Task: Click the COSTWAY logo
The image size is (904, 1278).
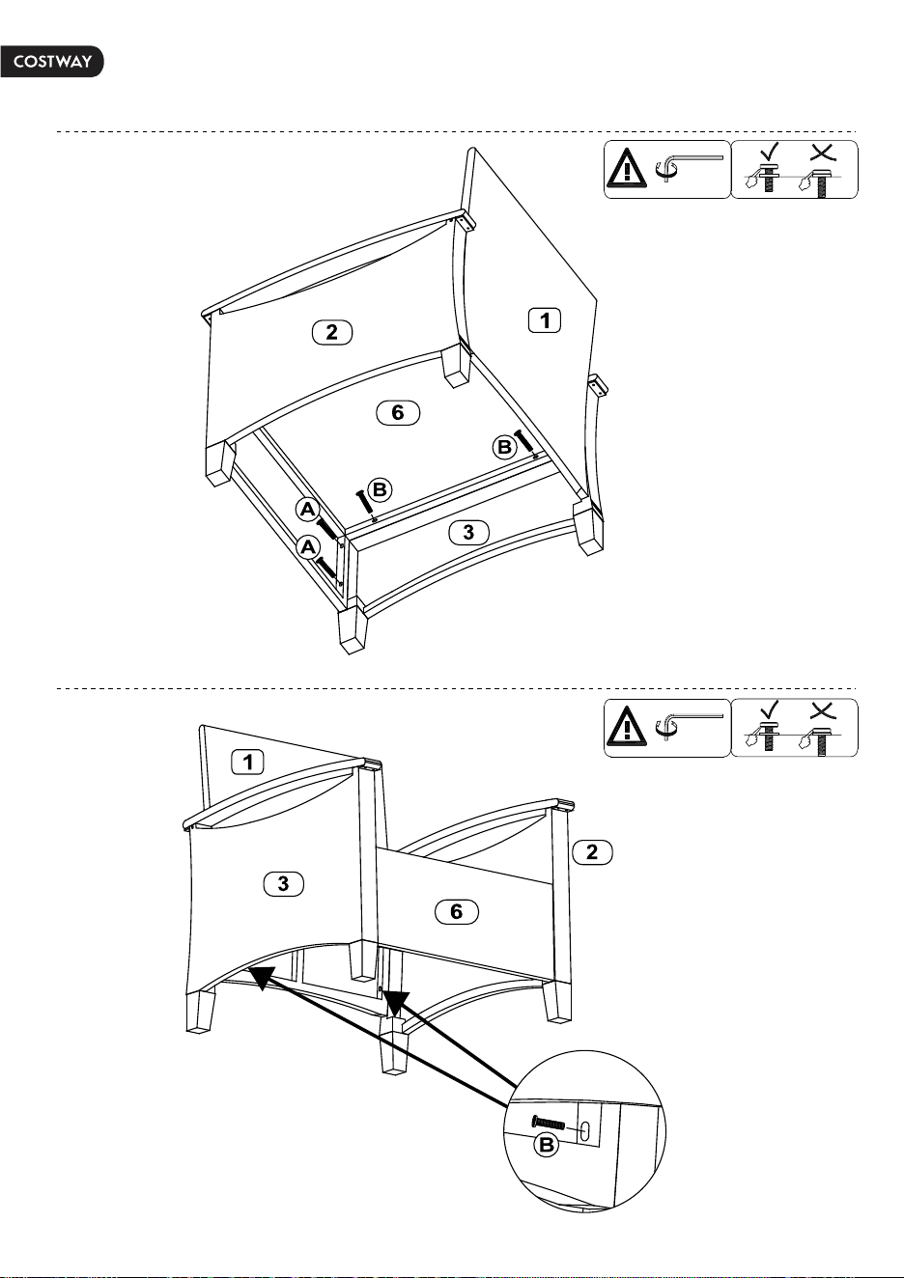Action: pos(52,62)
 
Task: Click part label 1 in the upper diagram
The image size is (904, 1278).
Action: pos(545,320)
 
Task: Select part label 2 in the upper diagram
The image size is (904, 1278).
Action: pos(332,332)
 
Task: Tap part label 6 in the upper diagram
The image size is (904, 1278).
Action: pos(398,412)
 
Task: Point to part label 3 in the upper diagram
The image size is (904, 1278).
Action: pos(468,532)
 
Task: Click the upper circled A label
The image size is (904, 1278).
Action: pos(308,509)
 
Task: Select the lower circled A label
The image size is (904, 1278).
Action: pos(308,547)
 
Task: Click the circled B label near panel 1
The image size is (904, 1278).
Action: pos(504,446)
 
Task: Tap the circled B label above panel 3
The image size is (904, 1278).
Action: pos(380,489)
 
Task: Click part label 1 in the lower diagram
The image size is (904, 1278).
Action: pos(247,763)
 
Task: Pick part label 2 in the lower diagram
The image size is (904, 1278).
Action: pos(592,852)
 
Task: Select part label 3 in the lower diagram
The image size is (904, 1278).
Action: pos(283,884)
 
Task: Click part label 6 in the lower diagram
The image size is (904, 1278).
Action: pos(457,911)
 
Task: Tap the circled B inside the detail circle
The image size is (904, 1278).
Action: pos(547,1145)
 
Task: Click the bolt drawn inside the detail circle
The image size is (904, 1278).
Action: pos(549,1123)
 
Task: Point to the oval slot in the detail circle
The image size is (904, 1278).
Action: pos(585,1129)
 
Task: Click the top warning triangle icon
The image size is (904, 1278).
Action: pos(627,168)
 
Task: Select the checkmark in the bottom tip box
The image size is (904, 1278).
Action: pos(770,709)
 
